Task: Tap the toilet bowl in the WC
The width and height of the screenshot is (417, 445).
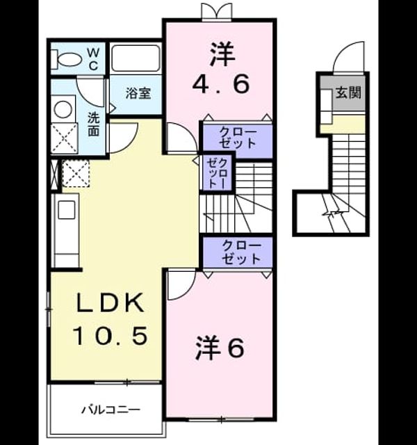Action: (x=66, y=59)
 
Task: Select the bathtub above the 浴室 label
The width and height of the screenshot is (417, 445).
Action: (x=135, y=58)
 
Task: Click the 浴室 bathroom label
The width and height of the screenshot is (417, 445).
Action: (x=138, y=93)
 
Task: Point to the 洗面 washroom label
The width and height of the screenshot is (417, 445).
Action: (x=93, y=124)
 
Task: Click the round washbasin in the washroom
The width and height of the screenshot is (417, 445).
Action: (x=63, y=109)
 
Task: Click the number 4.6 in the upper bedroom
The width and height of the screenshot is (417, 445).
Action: (x=221, y=83)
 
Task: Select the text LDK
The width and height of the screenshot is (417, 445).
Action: (x=110, y=303)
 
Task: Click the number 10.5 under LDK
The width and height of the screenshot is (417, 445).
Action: (x=111, y=335)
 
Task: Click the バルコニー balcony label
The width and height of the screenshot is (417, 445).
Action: (x=111, y=410)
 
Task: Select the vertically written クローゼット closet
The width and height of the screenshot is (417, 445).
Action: (x=217, y=173)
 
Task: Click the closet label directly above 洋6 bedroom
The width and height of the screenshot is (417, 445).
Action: (x=241, y=252)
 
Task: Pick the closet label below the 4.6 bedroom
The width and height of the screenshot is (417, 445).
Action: (x=238, y=138)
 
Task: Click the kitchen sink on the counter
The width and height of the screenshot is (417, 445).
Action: (x=67, y=210)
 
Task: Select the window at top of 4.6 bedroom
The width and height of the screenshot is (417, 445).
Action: (x=217, y=12)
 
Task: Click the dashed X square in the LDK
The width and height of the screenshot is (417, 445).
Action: (x=76, y=173)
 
